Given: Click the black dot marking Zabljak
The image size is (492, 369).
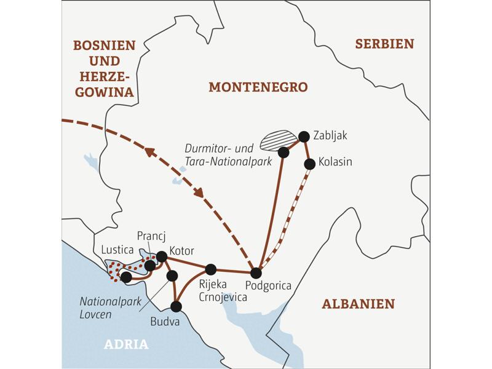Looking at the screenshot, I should point(303,136).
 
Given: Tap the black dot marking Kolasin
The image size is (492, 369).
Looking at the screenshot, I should point(310,164).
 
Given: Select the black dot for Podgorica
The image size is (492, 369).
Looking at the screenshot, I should point(256,273).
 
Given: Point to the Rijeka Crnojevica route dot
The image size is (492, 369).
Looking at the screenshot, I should point(211,269).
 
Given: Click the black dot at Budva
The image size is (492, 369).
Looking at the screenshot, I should point(177,306).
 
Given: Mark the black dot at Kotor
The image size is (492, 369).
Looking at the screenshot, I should point(162,256).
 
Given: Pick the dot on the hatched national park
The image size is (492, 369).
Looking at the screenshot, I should point(284,151).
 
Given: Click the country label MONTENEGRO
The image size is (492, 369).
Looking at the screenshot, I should point(258,87).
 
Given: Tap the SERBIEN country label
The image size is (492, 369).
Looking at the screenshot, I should point(384,44).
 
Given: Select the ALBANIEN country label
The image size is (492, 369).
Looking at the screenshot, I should point(358,304).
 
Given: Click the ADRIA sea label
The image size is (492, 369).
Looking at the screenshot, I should point(126,344).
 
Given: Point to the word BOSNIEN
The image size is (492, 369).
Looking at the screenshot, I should point(103,45).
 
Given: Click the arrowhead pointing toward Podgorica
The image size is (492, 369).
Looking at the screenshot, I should point(199,192).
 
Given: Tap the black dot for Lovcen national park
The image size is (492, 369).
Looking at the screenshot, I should point(172,276).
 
